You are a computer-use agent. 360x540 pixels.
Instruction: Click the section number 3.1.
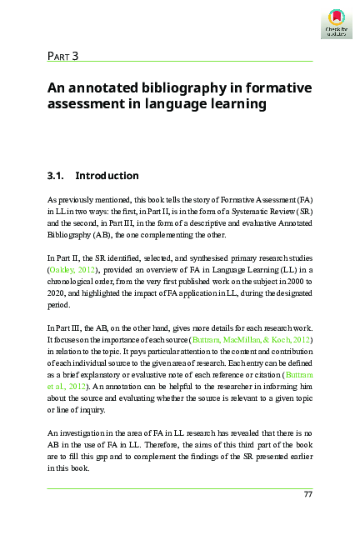pyautogui.click(x=55, y=176)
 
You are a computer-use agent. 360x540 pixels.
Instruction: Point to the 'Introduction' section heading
pyautogui.click(x=107, y=176)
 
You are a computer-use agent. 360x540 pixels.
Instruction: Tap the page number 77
pyautogui.click(x=307, y=495)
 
